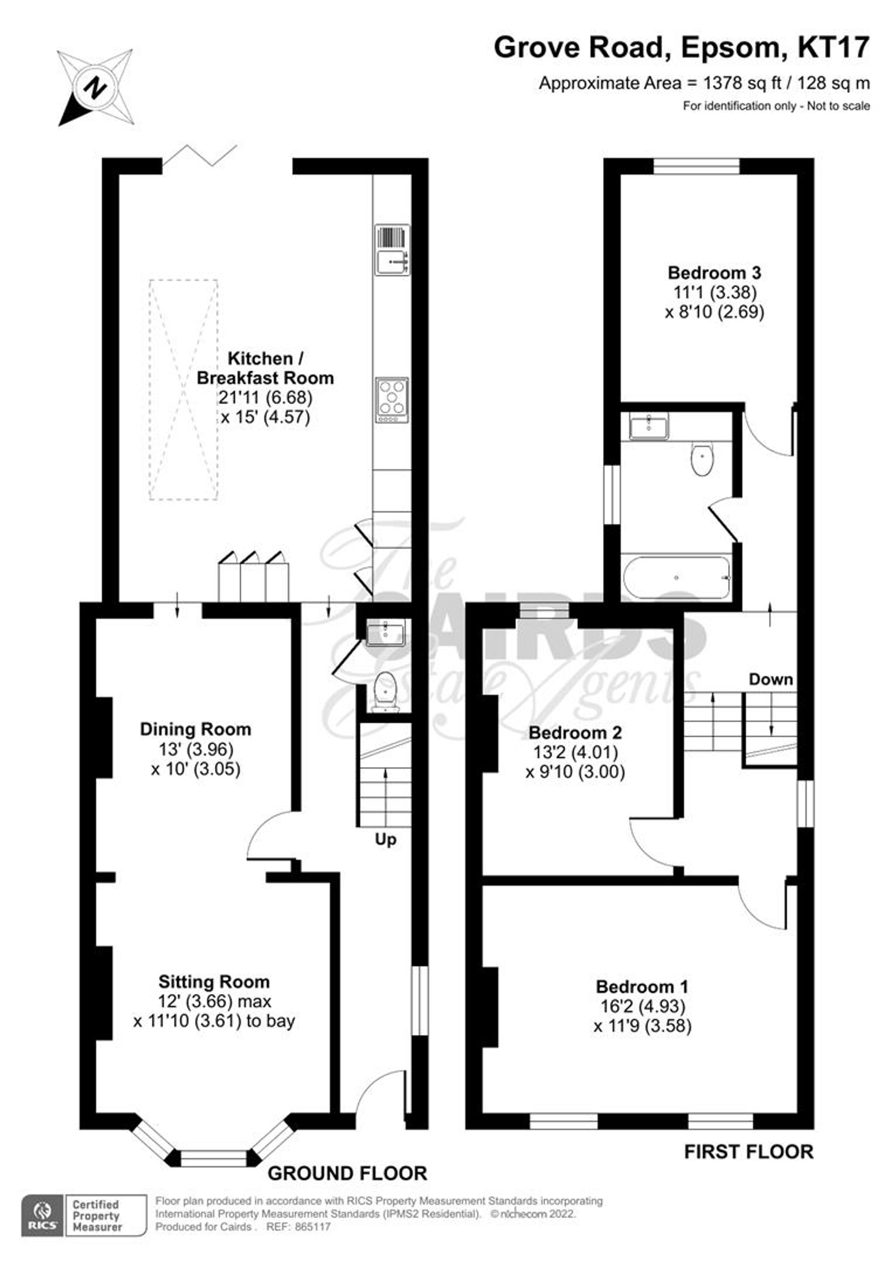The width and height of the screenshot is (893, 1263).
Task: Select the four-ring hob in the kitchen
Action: (x=392, y=400)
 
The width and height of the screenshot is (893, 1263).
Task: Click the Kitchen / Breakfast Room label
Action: (x=265, y=368)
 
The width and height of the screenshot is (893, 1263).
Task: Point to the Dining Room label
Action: (x=195, y=730)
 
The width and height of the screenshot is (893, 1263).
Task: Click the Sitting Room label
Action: (x=214, y=982)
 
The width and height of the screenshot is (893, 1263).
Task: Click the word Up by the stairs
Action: (x=385, y=840)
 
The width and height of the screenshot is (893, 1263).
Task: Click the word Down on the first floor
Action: (x=770, y=680)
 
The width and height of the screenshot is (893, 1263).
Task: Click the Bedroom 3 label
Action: (x=714, y=272)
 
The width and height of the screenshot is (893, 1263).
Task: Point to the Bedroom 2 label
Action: (x=575, y=733)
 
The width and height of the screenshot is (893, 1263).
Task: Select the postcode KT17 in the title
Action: (x=834, y=47)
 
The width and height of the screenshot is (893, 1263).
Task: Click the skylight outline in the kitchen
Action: (x=183, y=390)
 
